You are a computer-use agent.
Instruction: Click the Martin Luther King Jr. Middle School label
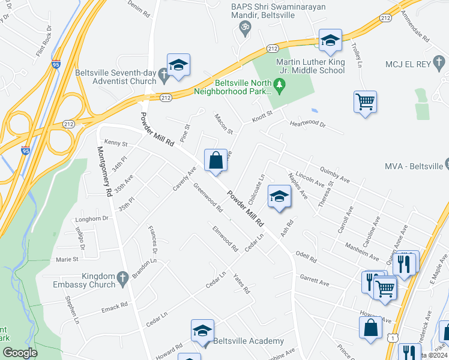tap(310, 66)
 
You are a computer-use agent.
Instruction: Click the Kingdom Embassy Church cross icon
tap(122, 278)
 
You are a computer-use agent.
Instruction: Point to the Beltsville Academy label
tap(249, 341)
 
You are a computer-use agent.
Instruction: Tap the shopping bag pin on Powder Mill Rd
tap(216, 161)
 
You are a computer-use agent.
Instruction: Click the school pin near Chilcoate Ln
tap(279, 197)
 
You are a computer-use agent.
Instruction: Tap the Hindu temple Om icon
tap(244, 27)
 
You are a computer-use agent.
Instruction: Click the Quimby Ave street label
tap(335, 175)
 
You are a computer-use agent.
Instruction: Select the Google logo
tap(20, 353)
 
